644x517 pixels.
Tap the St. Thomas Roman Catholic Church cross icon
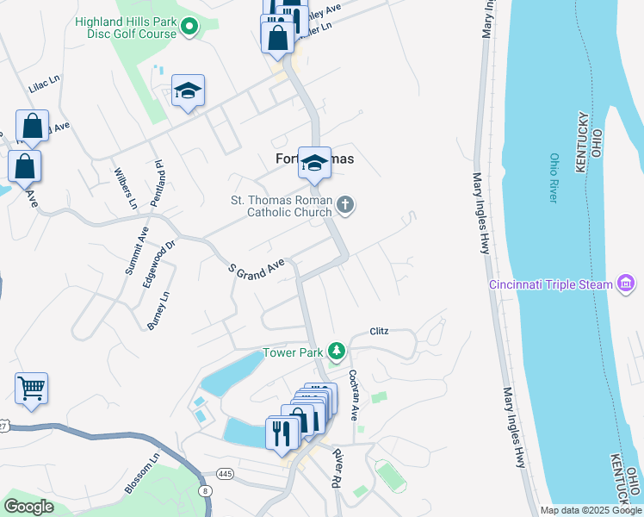(x=344, y=205)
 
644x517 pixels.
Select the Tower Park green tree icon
(x=337, y=352)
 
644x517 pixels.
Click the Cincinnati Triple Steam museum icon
(x=626, y=284)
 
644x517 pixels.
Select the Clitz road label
(x=381, y=331)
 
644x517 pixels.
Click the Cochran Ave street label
(x=353, y=395)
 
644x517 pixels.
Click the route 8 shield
(x=205, y=490)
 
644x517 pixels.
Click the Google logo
(x=28, y=507)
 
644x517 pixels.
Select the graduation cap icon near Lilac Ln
(x=188, y=90)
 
